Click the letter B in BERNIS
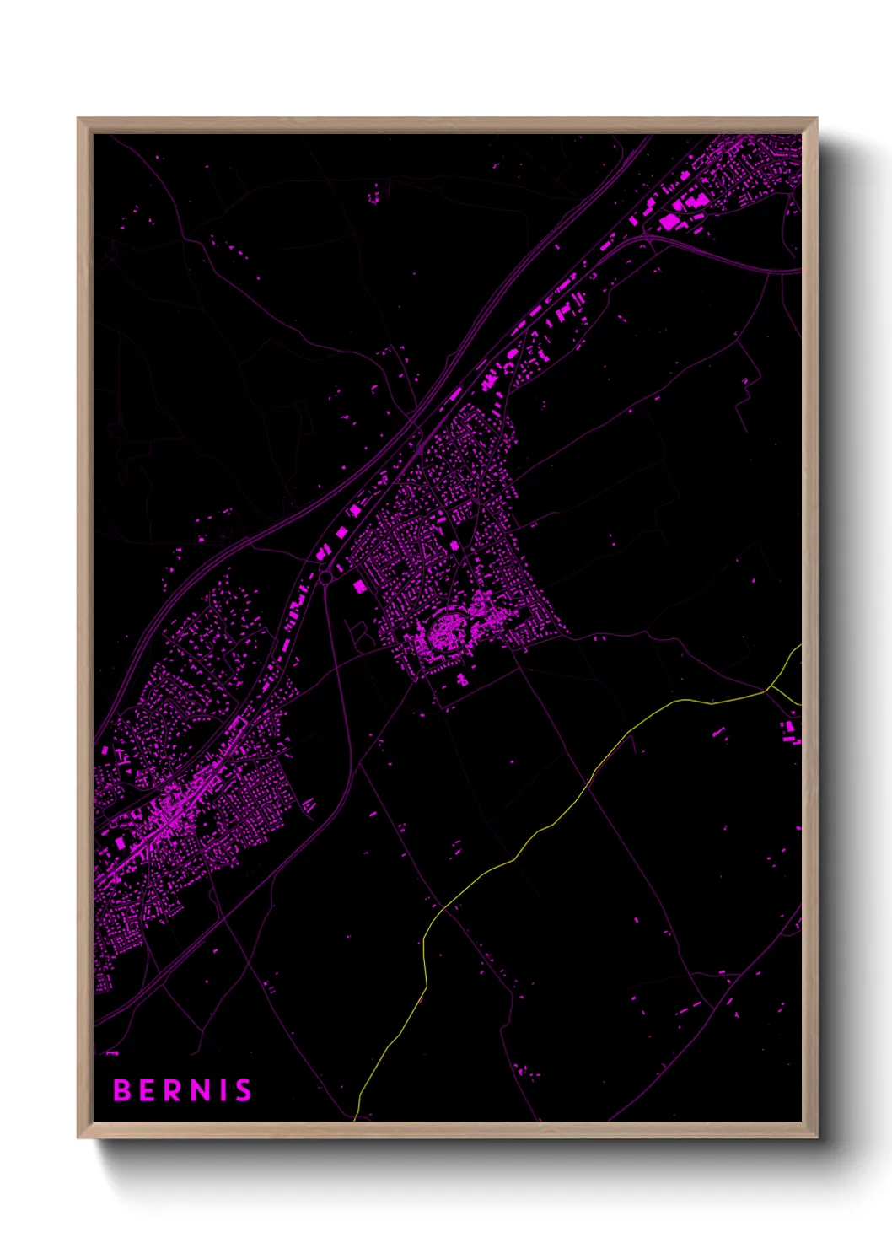(122, 1090)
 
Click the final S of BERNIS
(243, 1090)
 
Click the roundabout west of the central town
(325, 578)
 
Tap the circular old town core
(442, 633)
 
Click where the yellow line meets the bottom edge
(356, 1118)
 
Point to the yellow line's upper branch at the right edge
(798, 648)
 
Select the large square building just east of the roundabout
(360, 585)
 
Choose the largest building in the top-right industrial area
(670, 222)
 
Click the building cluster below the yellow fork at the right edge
(790, 731)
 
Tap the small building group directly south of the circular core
(462, 679)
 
